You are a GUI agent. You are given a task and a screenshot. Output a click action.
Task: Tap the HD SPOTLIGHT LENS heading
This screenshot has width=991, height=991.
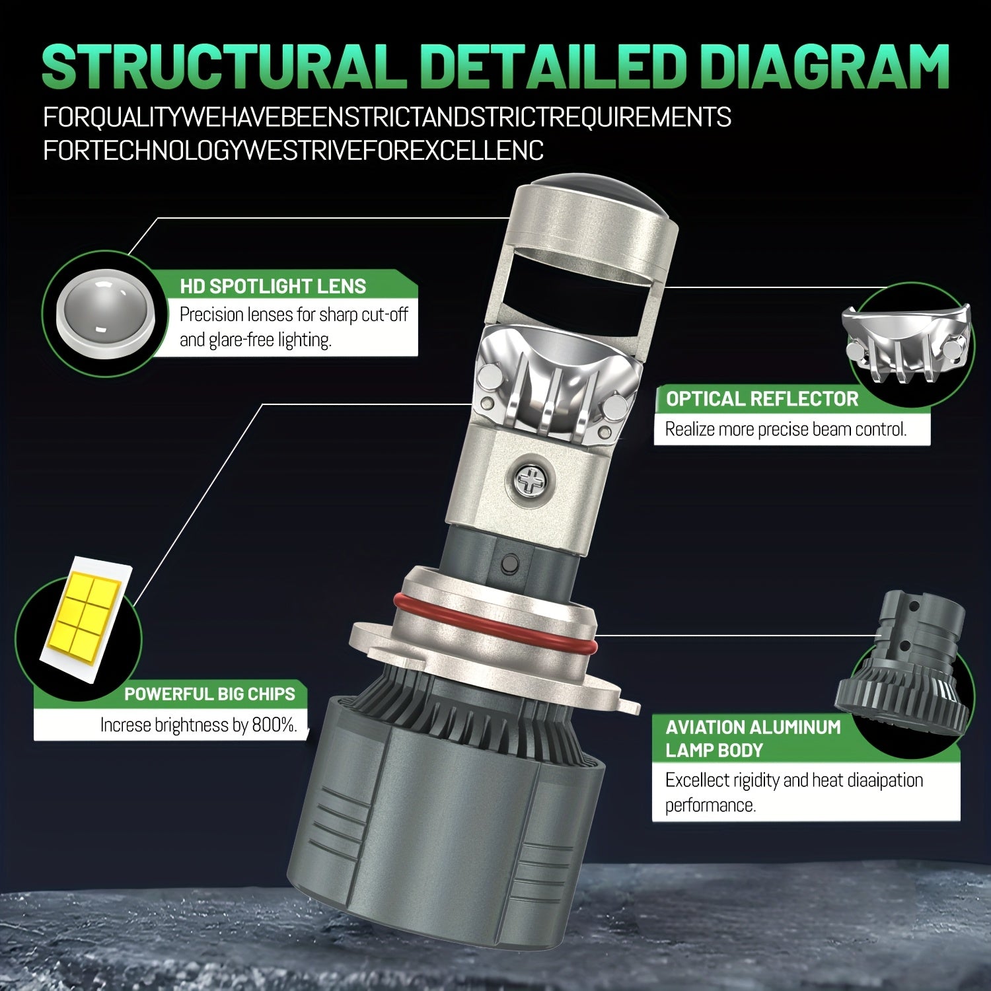pos(273,286)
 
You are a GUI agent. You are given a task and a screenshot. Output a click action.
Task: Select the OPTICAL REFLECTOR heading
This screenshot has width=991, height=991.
pos(762,399)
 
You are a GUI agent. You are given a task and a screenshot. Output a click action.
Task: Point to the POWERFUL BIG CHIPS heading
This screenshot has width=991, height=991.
pos(209,694)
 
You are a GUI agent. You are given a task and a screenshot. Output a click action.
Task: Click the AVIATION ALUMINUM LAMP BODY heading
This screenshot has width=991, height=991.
pos(753,739)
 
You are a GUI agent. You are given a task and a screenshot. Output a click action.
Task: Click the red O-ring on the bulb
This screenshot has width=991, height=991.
pos(494,621)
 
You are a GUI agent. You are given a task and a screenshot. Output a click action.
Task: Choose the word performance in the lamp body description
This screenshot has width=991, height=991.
pos(710,806)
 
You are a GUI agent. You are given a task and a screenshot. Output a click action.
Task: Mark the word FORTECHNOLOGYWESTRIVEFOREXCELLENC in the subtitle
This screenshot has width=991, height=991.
pos(293,151)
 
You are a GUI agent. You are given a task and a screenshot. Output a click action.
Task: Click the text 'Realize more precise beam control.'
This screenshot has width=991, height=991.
pos(786,429)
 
